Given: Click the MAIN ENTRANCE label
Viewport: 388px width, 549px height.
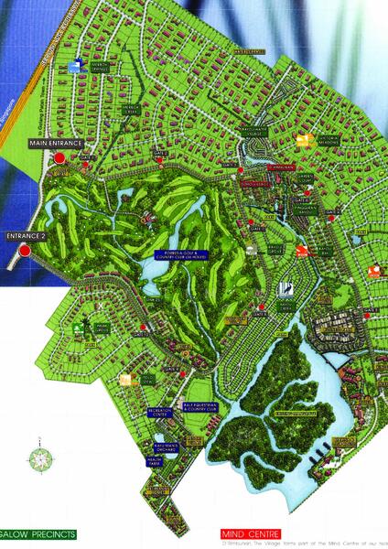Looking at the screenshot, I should (x=57, y=144).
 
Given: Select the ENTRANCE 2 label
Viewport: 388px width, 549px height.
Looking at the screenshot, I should (x=25, y=236).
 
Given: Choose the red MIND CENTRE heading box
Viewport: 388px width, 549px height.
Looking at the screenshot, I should (x=253, y=533).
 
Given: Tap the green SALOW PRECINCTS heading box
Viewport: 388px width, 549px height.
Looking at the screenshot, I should (x=49, y=533).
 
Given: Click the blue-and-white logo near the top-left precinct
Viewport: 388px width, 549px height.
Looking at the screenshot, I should (x=79, y=64).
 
